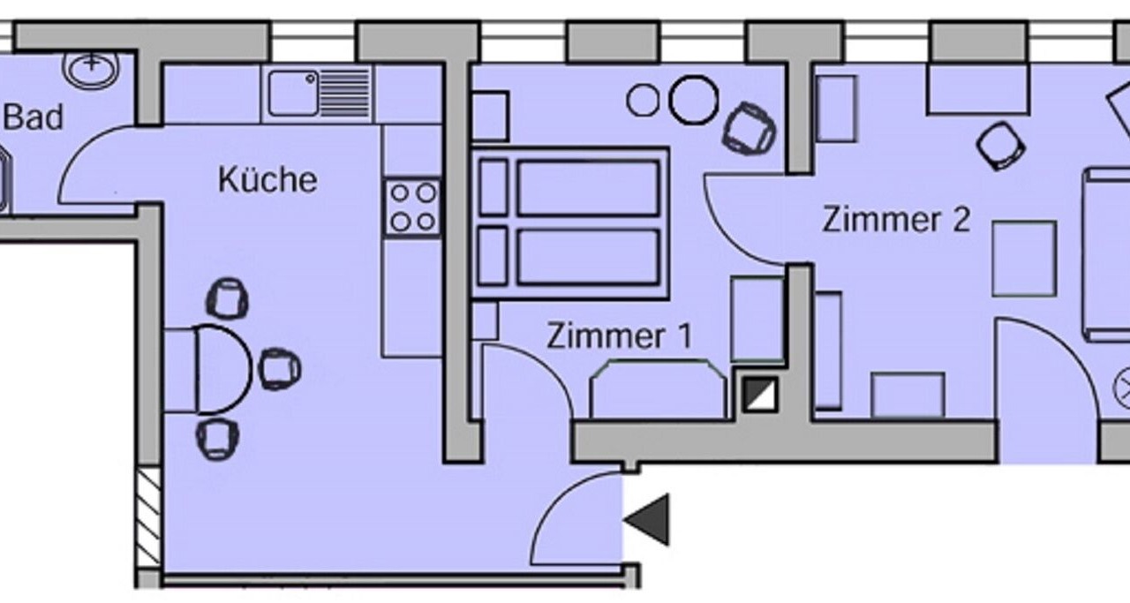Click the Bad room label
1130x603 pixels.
(x=34, y=117)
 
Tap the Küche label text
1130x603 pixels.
(x=267, y=179)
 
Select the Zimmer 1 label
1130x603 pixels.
(x=620, y=336)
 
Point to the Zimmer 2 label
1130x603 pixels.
(x=896, y=220)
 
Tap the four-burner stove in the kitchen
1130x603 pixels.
(x=412, y=207)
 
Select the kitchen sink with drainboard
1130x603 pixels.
(x=319, y=94)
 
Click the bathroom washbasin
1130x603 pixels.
(x=91, y=70)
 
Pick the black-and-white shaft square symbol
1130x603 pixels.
(x=759, y=395)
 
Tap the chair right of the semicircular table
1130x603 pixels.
(x=280, y=369)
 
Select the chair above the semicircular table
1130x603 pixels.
(x=227, y=298)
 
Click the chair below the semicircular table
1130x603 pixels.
(x=217, y=440)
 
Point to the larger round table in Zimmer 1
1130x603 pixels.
(x=694, y=100)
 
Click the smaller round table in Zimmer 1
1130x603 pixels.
(x=643, y=101)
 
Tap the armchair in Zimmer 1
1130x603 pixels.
(x=750, y=128)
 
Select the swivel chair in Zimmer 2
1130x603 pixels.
(x=1000, y=147)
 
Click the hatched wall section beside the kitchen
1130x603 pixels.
(x=149, y=517)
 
